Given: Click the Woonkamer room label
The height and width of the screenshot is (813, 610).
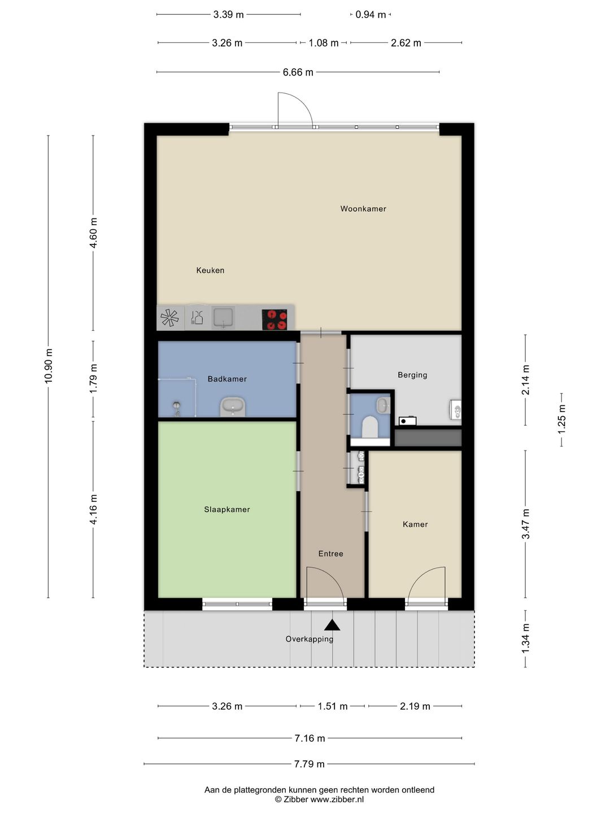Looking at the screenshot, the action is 363,209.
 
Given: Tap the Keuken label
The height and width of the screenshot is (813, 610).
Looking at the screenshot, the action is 210,270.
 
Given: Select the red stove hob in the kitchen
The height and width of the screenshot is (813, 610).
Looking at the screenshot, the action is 274,320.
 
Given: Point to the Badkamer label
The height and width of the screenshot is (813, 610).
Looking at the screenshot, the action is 227,379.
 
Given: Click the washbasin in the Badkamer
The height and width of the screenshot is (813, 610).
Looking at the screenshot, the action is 233,406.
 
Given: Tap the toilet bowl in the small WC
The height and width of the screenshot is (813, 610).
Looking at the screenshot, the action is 369,427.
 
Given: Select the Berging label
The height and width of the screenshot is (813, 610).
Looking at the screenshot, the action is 412,375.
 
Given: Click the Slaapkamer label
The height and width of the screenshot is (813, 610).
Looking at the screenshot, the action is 227,510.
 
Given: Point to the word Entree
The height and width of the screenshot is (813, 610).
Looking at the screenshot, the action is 331,554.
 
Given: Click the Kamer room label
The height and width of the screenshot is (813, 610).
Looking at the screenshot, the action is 415,524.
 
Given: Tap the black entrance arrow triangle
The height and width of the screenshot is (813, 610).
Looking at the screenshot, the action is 332,625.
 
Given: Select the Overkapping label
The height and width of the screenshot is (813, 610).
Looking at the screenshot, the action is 310,639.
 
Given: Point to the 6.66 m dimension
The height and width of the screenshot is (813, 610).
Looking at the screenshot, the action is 298,72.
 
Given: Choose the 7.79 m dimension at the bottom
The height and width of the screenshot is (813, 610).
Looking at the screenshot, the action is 310,764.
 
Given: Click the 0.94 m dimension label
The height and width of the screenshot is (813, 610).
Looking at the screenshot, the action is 371,15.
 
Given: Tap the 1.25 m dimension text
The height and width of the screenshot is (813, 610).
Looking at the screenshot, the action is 561,420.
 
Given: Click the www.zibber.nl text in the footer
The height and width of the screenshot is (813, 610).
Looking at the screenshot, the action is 337,799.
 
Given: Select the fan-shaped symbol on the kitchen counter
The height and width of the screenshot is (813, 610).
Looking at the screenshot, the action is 169,318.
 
